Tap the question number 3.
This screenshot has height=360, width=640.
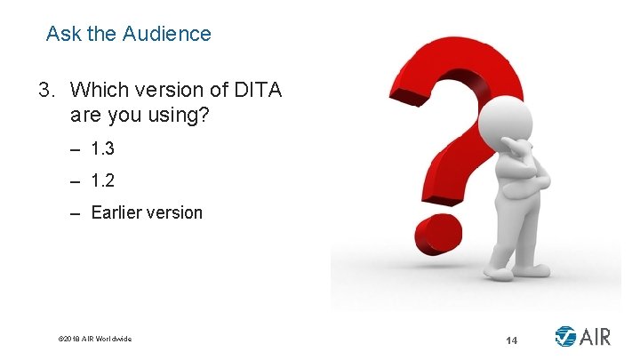coord(44,90)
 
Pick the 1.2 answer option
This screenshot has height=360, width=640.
coord(103,180)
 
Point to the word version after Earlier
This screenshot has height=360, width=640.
coord(173,213)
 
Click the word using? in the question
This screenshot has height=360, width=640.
coord(180,116)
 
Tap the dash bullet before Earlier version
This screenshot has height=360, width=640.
coord(74,213)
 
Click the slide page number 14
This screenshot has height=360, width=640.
coord(511,340)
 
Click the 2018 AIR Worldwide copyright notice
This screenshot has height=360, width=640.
coord(94,339)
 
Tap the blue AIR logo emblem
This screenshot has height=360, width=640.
coord(565,337)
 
